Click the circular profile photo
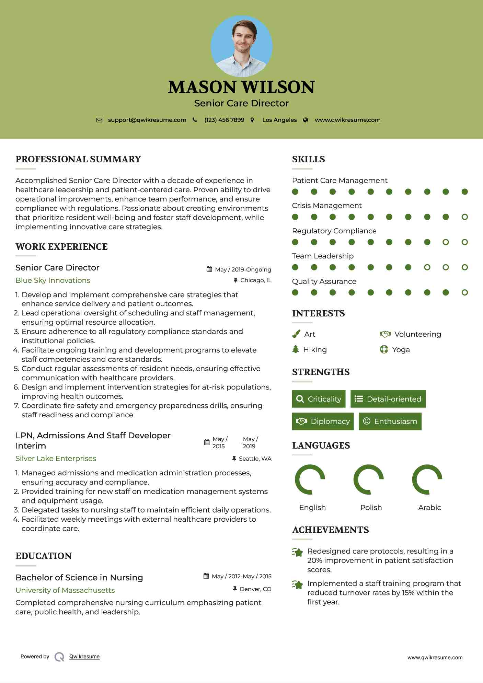241,46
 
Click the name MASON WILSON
241,87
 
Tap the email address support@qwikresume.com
147,120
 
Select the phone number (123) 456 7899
224,120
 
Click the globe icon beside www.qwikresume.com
306,120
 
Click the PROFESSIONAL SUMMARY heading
78,159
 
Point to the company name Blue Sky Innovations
53,280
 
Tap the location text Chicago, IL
256,280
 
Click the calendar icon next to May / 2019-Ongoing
209,269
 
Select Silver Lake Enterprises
56,459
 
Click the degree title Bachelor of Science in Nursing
79,578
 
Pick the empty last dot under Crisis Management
464,217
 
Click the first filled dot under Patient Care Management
295,192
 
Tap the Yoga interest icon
384,349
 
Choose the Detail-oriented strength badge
388,399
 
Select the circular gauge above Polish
369,479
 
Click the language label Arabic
429,507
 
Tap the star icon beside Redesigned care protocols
297,552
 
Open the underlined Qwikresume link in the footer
84,657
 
